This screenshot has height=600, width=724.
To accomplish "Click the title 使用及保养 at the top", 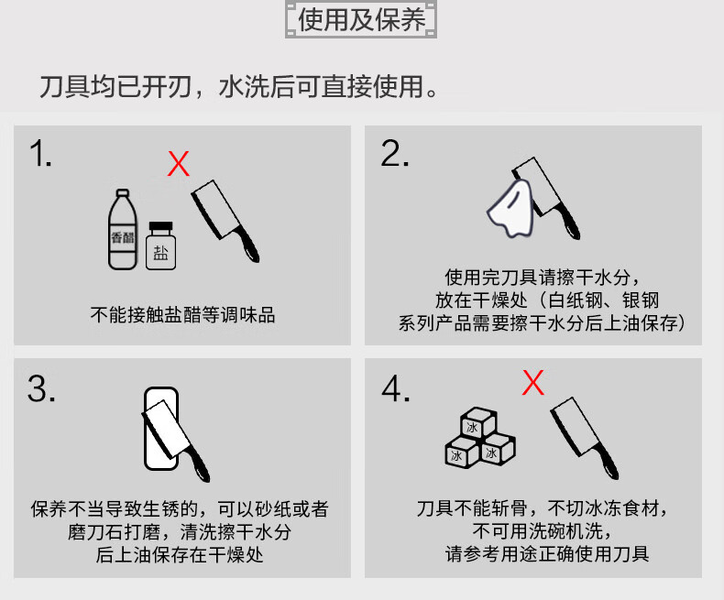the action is pos(361,20).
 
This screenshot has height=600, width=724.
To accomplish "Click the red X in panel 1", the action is pos(178,163).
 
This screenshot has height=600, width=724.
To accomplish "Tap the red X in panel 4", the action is pos(532,383).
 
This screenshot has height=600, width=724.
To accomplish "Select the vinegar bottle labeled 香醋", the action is pos(123,229).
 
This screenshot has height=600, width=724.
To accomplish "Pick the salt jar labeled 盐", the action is pos(160,246).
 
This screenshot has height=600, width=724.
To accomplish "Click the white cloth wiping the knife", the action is pos(510,208).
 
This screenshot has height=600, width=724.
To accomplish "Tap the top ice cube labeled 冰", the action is pos(477,422).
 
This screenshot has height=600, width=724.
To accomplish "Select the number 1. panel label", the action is pos(40,154).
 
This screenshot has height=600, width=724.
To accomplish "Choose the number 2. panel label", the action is pos(395,154).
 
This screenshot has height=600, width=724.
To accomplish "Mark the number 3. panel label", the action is pos(41,389).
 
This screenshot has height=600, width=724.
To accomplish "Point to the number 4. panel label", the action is pos(396,389).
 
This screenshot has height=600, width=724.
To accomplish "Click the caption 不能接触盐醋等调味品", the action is pos(183,315).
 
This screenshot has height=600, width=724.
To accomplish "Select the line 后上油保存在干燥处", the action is pos(179,555).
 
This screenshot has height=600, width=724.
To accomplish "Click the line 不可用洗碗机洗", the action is pos(542,531).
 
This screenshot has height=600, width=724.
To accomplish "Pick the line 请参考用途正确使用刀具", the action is pos(547,554).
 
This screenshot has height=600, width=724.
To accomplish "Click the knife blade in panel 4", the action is pos(573,425).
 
